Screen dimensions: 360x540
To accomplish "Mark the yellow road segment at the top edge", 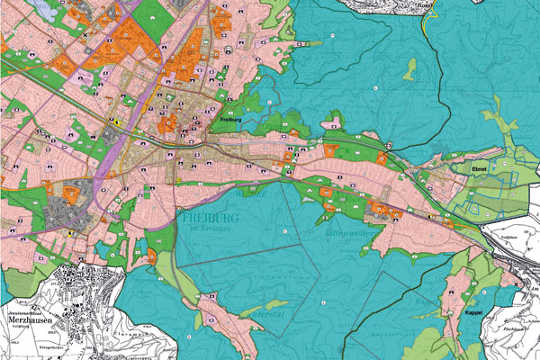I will click(423, 22).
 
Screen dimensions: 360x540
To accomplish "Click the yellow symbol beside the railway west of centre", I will click(116, 121).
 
